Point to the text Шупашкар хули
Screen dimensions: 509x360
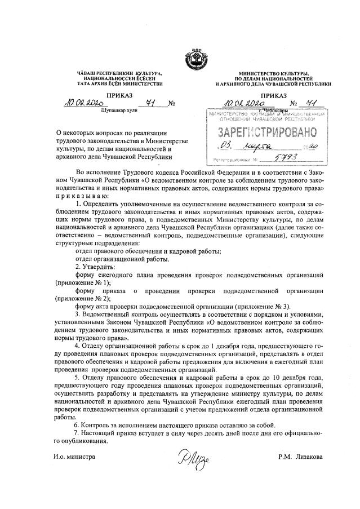click(x=118, y=110)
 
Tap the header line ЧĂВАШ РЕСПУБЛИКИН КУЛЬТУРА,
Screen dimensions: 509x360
click(x=119, y=74)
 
